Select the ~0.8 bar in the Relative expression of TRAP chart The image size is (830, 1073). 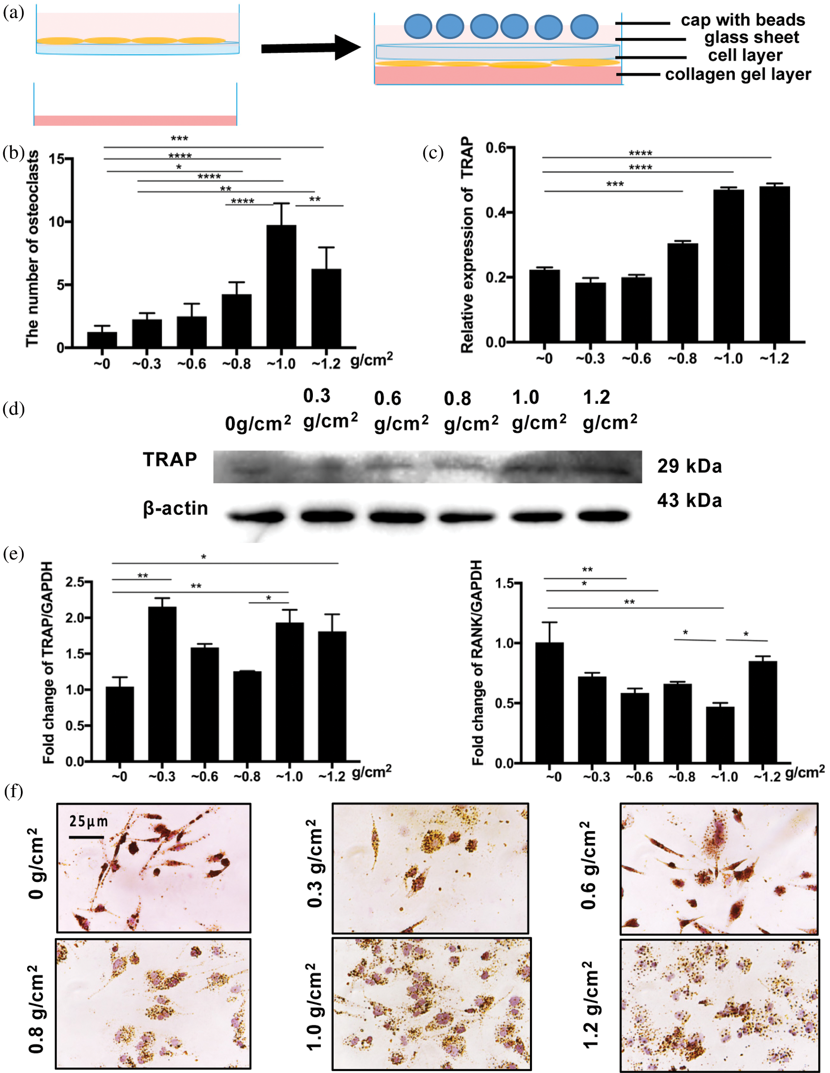(682, 293)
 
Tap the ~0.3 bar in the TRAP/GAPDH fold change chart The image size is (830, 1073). (162, 684)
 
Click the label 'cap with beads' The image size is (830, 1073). (742, 20)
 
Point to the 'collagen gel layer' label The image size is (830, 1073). (738, 75)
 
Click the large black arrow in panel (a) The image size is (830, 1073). (310, 48)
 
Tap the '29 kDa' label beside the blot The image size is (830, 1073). (690, 466)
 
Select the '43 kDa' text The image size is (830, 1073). (690, 501)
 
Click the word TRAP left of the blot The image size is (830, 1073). (170, 460)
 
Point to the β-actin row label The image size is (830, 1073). (175, 508)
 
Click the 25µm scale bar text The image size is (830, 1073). (89, 821)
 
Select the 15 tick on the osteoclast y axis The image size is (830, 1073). (57, 159)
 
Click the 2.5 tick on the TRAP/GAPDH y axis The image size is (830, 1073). (75, 582)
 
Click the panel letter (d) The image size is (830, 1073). (13, 409)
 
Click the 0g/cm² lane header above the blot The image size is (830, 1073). (258, 422)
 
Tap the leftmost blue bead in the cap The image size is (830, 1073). (418, 27)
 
